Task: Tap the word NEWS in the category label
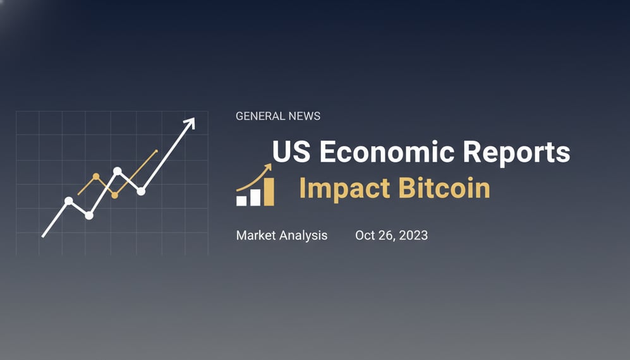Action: click(x=303, y=116)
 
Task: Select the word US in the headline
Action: click(x=291, y=152)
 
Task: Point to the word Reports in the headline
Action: click(x=516, y=152)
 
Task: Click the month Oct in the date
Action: click(x=365, y=236)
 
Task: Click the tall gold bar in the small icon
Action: click(x=269, y=191)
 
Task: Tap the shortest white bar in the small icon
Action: click(x=241, y=200)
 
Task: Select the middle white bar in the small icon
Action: click(x=255, y=196)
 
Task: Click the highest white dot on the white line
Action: click(x=118, y=171)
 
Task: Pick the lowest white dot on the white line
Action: click(x=89, y=215)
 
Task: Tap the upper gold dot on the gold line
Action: click(x=96, y=176)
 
